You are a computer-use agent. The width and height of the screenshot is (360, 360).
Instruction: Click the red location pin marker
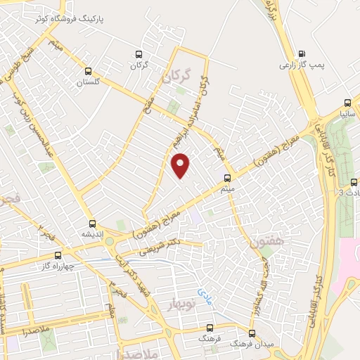pyautogui.click(x=181, y=165)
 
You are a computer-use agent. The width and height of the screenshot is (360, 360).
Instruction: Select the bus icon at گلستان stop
pyautogui.click(x=89, y=70)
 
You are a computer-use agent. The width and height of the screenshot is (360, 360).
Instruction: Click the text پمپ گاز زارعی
pyautogui.click(x=302, y=64)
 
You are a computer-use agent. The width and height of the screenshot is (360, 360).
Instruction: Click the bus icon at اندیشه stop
pyautogui.click(x=92, y=222)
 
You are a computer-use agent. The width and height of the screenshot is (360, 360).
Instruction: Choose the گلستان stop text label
pyautogui.click(x=89, y=82)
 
